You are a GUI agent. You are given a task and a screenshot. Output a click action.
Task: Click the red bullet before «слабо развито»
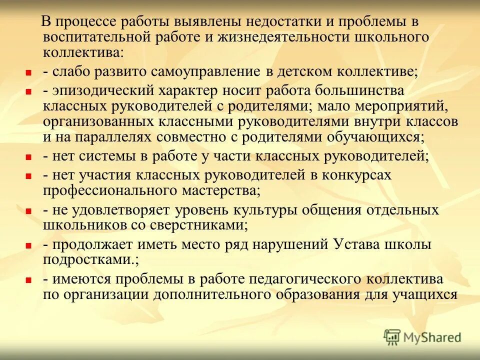(x=28, y=72)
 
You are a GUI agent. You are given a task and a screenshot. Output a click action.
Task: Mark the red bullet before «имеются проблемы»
(x=28, y=280)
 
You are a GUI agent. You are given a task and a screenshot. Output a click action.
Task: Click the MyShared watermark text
(x=433, y=337)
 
